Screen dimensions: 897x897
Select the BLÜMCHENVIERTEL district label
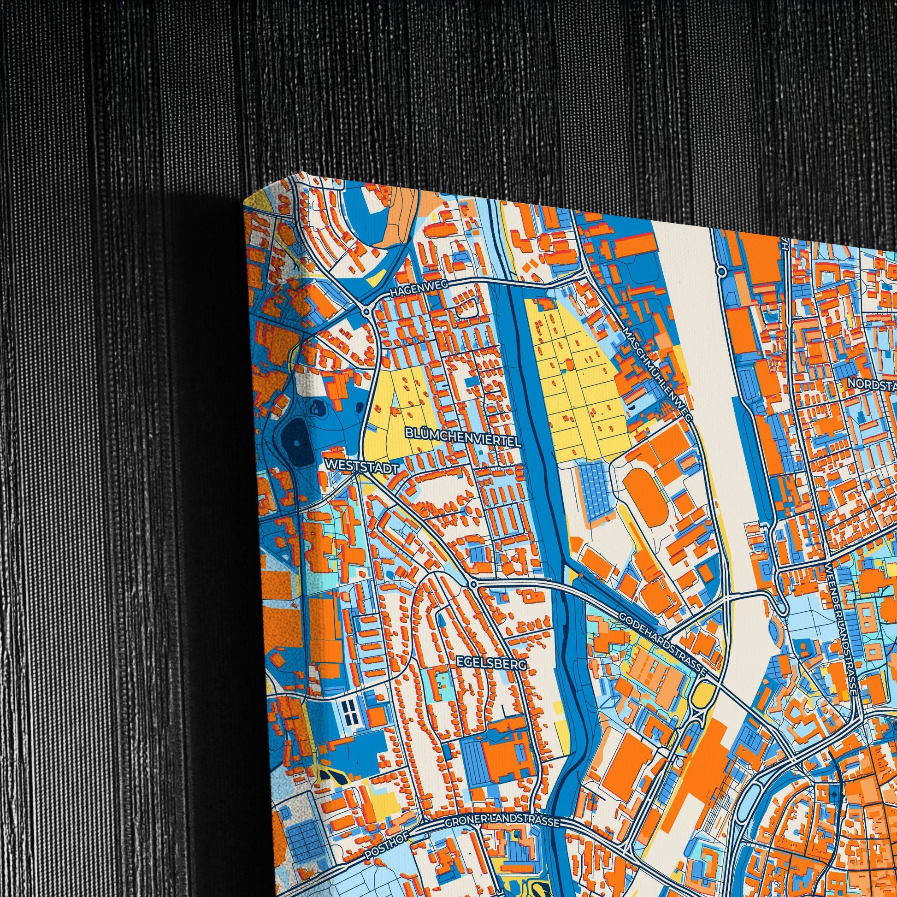click(x=463, y=437)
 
